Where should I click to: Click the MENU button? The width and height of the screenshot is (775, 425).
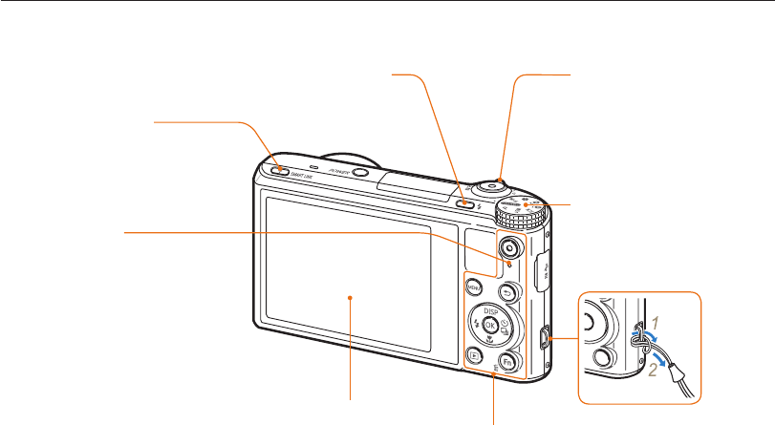click(473, 284)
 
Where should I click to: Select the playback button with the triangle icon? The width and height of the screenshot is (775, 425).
click(473, 355)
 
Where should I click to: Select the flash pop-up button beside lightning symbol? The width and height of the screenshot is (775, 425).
click(463, 202)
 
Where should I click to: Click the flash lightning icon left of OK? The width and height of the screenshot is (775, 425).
click(475, 325)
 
